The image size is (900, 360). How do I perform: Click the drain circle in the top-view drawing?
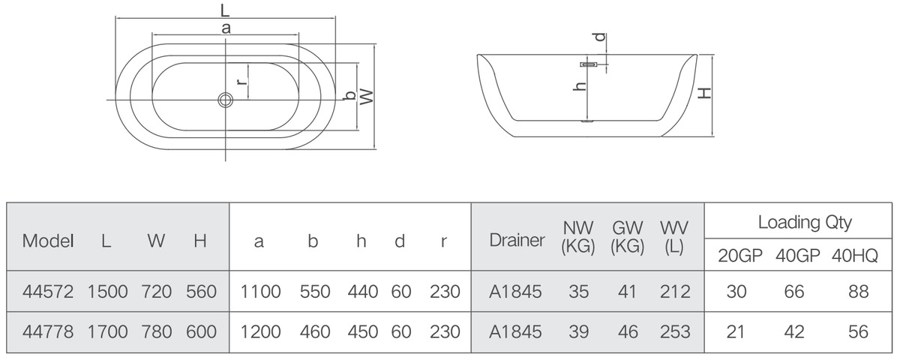pos(226,100)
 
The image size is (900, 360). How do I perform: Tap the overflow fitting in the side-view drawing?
pos(589,64)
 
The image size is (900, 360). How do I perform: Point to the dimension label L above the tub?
pos(225,10)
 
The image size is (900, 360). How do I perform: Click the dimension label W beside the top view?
pos(367,97)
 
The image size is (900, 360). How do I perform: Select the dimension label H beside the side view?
pos(705,93)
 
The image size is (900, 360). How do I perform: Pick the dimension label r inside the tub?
pos(241,82)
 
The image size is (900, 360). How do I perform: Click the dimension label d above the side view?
pos(600,37)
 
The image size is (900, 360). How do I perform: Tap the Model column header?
pos(48,241)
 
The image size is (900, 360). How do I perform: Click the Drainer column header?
pos(517,240)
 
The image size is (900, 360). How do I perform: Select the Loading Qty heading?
pos(805,223)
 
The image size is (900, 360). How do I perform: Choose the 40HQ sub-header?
pos(854,256)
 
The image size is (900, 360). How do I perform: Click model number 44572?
pos(48,292)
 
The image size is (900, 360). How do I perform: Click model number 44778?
pos(48,331)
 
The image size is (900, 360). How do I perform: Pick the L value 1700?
pos(108,331)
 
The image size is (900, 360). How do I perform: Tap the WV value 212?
pos(675,292)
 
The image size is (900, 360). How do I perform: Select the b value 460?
pos(315,331)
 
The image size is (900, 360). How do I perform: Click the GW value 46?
pos(628,331)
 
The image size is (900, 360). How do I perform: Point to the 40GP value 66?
pos(794,292)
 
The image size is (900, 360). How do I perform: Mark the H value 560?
pos(201,292)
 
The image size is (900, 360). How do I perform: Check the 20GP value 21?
pos(736,331)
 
